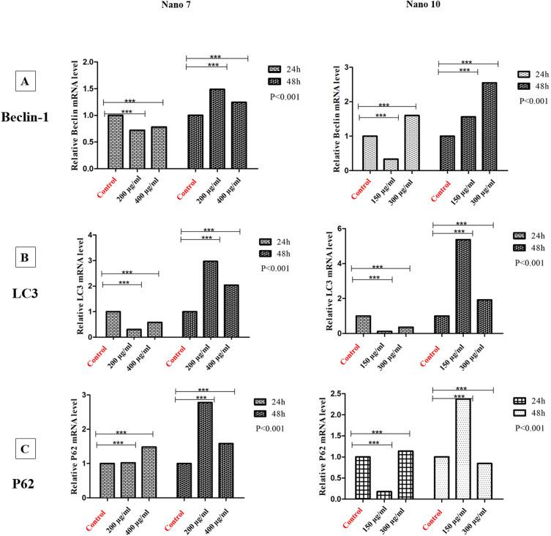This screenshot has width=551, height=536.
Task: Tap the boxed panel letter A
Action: pos(25,83)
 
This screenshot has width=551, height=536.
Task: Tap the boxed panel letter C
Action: pos(25,424)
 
